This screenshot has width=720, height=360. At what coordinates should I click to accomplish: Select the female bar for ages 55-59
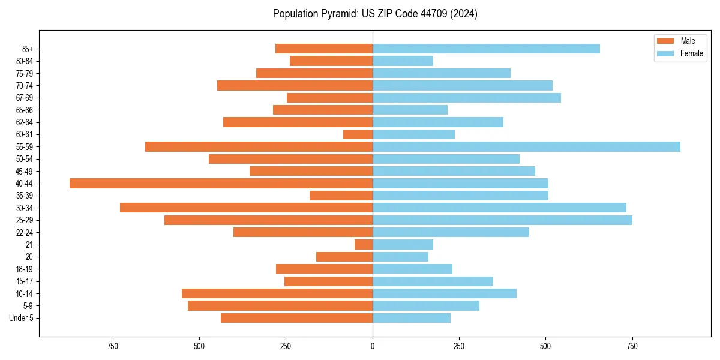pos(526,146)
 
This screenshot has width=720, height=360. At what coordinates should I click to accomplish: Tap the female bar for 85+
pos(486,49)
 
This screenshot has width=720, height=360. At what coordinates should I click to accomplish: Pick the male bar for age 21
pos(364,244)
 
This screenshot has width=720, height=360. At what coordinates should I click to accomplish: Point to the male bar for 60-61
pos(358,134)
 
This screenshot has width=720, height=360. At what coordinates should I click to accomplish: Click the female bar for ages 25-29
pos(502,220)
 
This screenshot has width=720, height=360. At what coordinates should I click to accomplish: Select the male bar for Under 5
pos(296,318)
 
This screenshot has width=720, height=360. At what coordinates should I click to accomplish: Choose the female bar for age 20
pos(400,257)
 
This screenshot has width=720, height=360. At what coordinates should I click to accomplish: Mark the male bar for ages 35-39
pos(341,196)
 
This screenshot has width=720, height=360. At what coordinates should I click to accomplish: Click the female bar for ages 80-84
pos(403,61)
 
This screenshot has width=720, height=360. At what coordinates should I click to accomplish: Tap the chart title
pos(375,14)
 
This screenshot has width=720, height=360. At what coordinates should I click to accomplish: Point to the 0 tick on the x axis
pos(373,346)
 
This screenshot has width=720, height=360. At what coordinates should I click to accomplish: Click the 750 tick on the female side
pos(632,346)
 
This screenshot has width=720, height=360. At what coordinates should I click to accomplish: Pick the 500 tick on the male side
pos(199,346)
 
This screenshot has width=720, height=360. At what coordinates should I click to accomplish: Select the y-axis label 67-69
pos(25,98)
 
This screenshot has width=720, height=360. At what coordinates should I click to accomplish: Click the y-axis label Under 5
pos(22,318)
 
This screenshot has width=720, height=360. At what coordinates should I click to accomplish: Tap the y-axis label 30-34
pos(25,208)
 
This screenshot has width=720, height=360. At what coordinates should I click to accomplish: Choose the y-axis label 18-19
pos(25,269)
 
